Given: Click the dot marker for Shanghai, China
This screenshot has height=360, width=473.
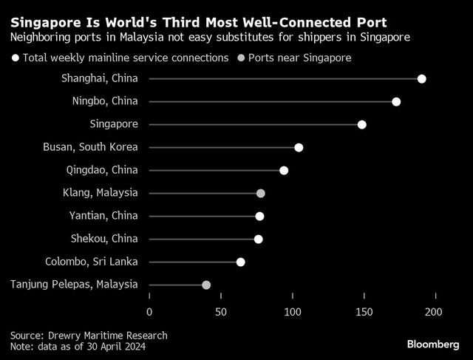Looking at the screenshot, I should pyautogui.click(x=421, y=79).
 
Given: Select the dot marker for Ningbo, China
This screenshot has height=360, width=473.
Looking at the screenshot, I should pyautogui.click(x=396, y=102).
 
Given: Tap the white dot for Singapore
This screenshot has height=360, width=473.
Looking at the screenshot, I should pyautogui.click(x=361, y=125).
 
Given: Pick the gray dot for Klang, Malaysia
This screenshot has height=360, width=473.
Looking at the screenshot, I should pyautogui.click(x=260, y=194).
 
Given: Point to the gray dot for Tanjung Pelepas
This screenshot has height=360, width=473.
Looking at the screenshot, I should pyautogui.click(x=206, y=285).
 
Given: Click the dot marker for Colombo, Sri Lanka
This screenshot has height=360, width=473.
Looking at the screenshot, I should pyautogui.click(x=240, y=262).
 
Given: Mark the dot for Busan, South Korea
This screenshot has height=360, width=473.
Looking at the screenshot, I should pyautogui.click(x=299, y=148).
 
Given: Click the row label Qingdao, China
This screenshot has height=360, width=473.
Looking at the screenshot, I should pyautogui.click(x=101, y=170).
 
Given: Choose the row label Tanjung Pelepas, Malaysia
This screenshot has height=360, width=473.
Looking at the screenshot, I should pyautogui.click(x=74, y=285).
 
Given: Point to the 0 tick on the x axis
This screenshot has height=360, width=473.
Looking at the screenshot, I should pyautogui.click(x=149, y=313).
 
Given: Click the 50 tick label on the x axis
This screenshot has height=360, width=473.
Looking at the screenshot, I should pyautogui.click(x=220, y=313).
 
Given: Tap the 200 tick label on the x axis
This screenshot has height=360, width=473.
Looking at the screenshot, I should pyautogui.click(x=434, y=313).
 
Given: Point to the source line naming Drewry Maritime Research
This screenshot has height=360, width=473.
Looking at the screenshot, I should pyautogui.click(x=89, y=335).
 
